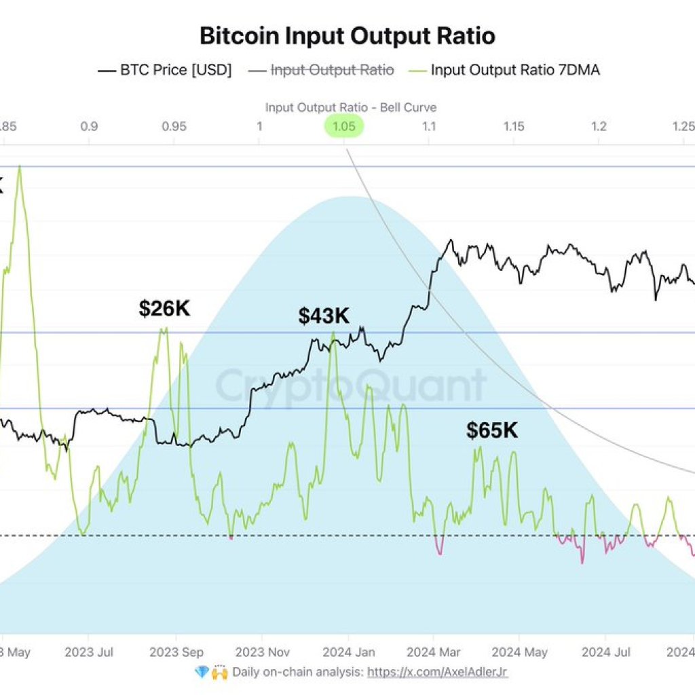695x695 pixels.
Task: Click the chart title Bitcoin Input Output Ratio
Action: (347, 35)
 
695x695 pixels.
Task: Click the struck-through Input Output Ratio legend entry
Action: (332, 69)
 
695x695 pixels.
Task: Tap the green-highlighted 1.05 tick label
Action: (344, 126)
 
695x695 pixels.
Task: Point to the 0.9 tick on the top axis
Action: (88, 126)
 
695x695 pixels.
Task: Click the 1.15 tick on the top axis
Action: (514, 126)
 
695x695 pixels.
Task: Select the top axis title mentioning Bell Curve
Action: (350, 107)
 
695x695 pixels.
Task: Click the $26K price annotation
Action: (164, 308)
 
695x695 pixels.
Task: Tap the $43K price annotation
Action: (324, 316)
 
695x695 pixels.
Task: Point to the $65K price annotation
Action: (491, 430)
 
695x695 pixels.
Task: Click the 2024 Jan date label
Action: (348, 652)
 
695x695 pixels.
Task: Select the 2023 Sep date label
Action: (176, 652)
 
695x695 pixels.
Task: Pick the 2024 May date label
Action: (519, 652)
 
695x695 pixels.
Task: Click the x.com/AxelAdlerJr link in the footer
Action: (437, 672)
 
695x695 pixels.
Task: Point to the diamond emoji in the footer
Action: (201, 672)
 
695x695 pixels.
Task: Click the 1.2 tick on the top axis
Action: (599, 126)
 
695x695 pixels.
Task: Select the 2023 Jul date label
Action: (88, 652)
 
